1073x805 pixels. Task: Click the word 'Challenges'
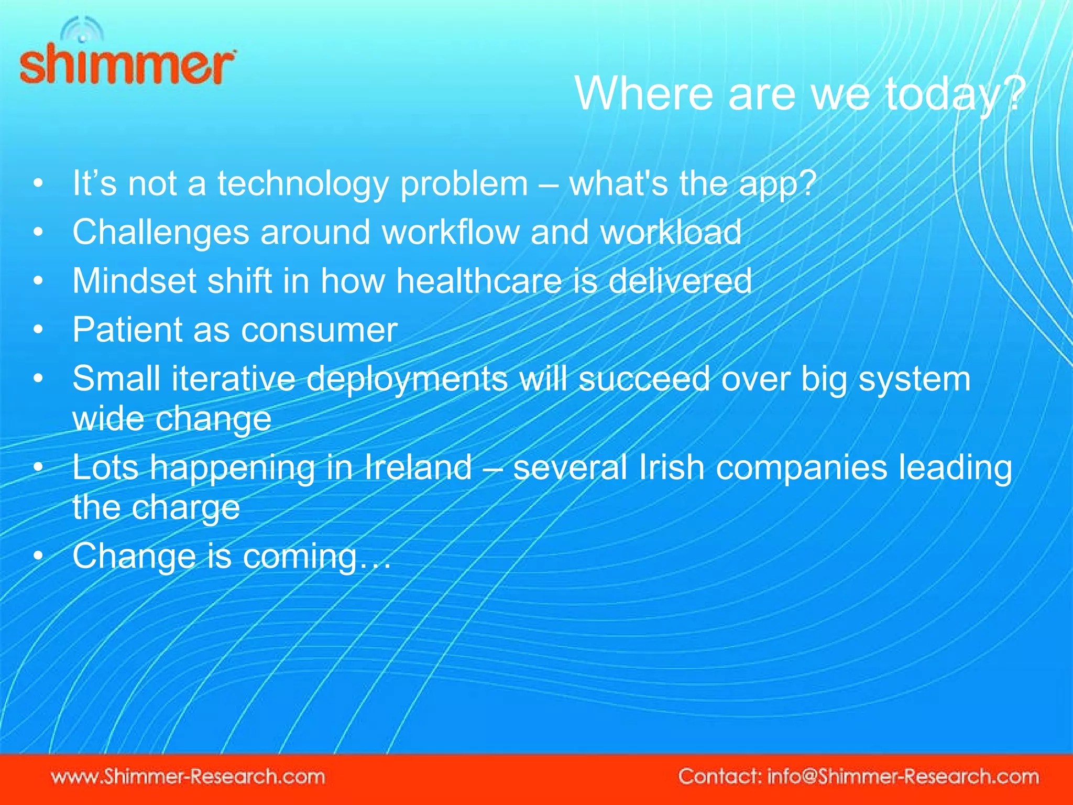click(x=160, y=233)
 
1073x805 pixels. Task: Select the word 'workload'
click(x=671, y=232)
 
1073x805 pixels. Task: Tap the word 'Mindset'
click(x=134, y=280)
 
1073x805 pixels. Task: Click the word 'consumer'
click(x=319, y=330)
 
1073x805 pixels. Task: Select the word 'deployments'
click(x=407, y=379)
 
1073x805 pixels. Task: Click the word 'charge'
click(x=185, y=508)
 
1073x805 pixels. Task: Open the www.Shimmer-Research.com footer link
click(x=188, y=776)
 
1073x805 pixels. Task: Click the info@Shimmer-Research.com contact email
click(x=903, y=776)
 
